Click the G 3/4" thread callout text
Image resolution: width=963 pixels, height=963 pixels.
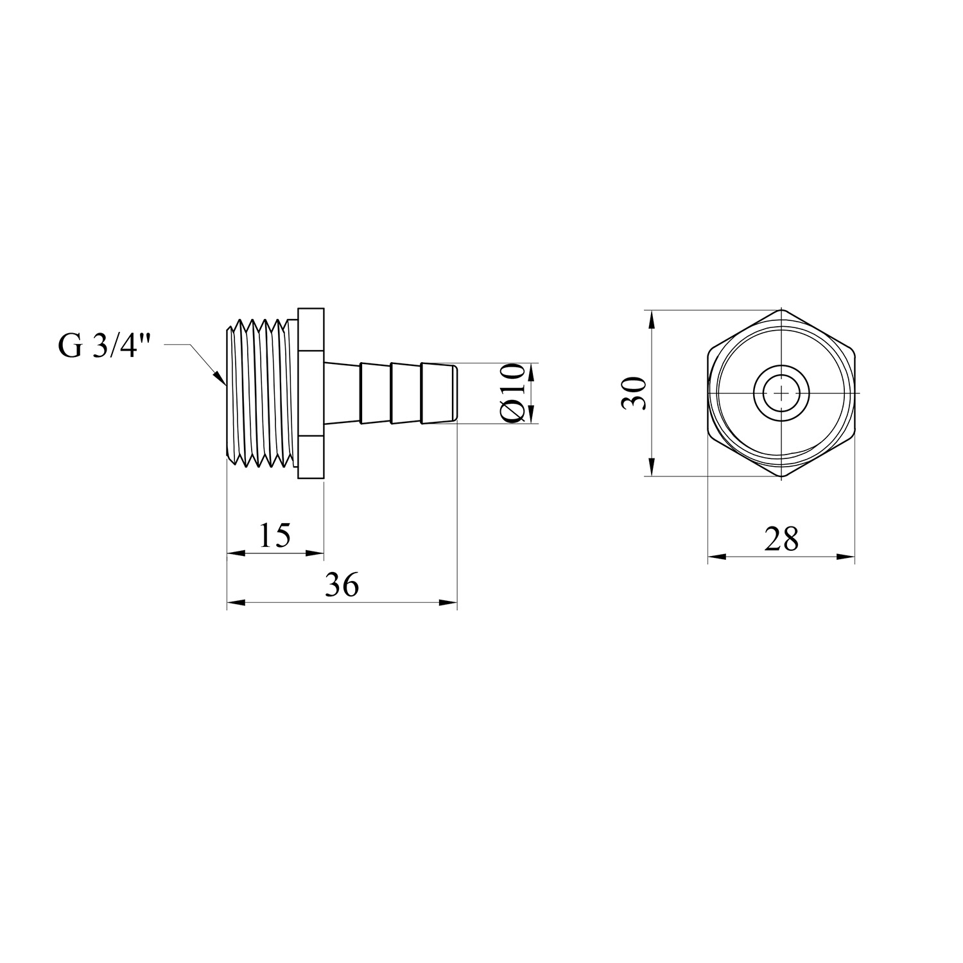pos(104,347)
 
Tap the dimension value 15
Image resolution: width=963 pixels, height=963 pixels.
pos(275,535)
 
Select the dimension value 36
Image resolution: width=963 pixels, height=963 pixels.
pos(342,586)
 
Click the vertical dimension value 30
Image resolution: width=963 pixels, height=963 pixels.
pos(635,393)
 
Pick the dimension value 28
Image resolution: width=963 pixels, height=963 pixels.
pos(781,539)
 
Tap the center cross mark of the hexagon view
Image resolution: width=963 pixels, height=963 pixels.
pos(781,393)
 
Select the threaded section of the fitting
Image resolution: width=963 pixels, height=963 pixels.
pos(261,393)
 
